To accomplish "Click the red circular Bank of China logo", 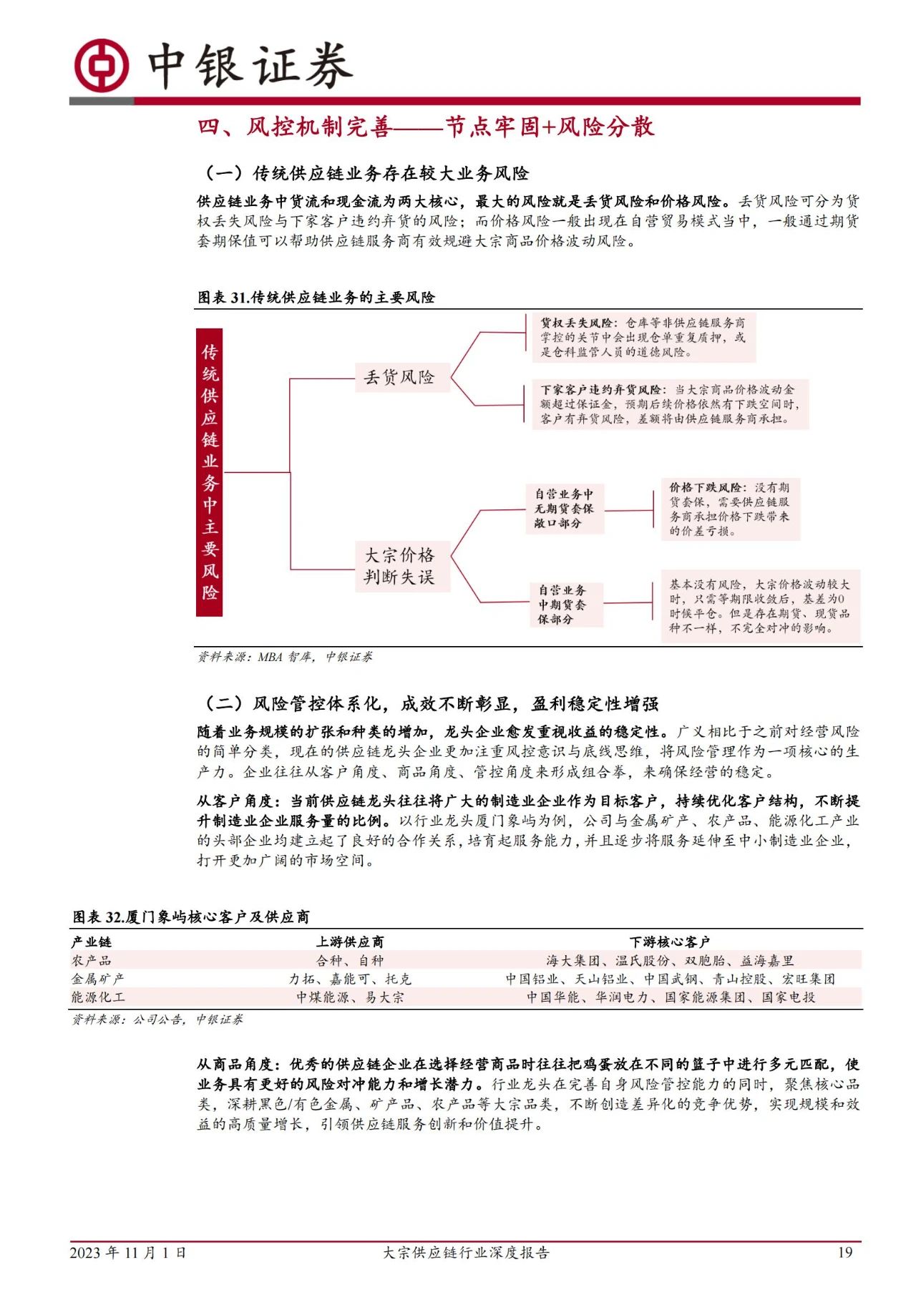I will [x=102, y=65].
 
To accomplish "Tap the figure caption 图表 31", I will [x=316, y=298].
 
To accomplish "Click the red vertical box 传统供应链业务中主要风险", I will [x=210, y=472].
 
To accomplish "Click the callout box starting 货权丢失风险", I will [x=643, y=337].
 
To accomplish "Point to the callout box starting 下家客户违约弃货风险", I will [x=669, y=404].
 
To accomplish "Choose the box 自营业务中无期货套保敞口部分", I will [x=564, y=509].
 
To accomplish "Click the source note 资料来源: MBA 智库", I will [x=285, y=657].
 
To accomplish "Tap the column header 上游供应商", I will [x=350, y=942].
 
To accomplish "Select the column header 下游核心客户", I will [x=669, y=942].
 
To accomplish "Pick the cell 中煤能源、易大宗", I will [x=350, y=997].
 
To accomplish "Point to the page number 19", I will [x=845, y=1252].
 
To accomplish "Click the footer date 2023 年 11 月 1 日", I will [x=128, y=1252].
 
